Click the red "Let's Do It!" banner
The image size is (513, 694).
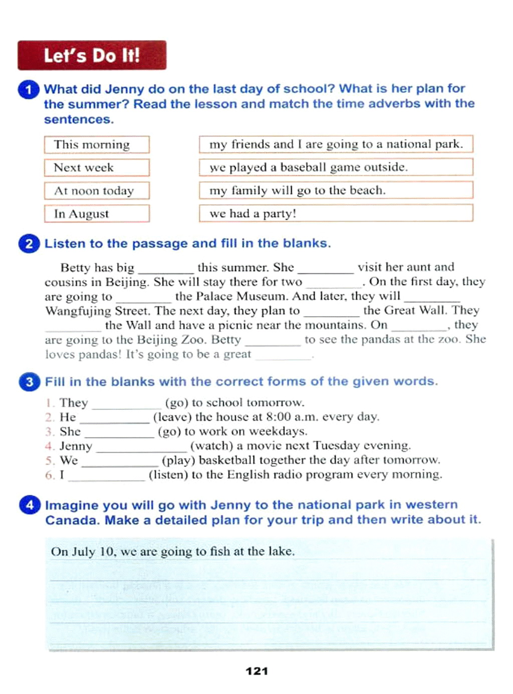pyautogui.click(x=92, y=55)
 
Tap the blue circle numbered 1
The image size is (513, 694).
pyautogui.click(x=29, y=90)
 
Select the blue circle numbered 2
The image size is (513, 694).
pyautogui.click(x=29, y=244)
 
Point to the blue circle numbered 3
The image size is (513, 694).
pyautogui.click(x=29, y=382)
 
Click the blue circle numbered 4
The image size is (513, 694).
pyautogui.click(x=30, y=505)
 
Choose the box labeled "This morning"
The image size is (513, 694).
pyautogui.click(x=97, y=145)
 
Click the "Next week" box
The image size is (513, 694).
pyautogui.click(x=97, y=168)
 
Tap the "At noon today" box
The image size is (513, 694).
pyautogui.click(x=97, y=191)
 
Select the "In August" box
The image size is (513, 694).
pyautogui.click(x=97, y=214)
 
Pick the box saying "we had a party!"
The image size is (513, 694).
pyautogui.click(x=336, y=213)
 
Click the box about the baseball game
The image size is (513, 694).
pyautogui.click(x=336, y=167)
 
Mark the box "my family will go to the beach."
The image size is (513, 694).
pyautogui.click(x=336, y=190)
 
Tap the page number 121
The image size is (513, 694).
pyautogui.click(x=256, y=671)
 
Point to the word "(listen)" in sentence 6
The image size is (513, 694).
pyautogui.click(x=168, y=474)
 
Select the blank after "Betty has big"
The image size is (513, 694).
pyautogui.click(x=165, y=268)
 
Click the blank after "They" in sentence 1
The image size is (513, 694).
pyautogui.click(x=126, y=403)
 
